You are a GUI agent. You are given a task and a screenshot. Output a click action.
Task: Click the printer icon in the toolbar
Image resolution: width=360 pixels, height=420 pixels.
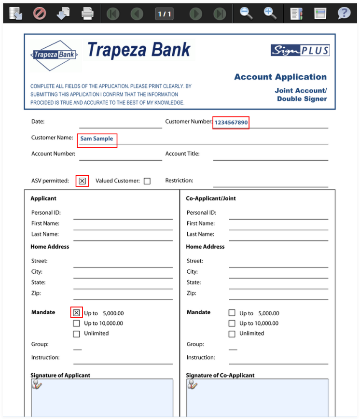[87, 14]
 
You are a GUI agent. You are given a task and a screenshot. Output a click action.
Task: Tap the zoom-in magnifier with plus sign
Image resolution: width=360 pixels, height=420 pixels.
[270, 14]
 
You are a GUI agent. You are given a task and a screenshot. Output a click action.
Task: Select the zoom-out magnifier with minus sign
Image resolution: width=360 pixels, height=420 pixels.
[246, 14]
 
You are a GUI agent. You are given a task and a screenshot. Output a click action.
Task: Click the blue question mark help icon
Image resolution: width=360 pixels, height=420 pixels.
[344, 14]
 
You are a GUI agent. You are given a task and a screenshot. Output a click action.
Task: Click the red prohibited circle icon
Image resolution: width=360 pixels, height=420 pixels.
[40, 14]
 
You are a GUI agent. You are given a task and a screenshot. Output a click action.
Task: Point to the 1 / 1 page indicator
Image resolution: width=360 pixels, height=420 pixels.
[165, 14]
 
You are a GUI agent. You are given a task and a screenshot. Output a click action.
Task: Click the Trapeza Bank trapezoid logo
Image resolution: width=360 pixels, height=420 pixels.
[54, 55]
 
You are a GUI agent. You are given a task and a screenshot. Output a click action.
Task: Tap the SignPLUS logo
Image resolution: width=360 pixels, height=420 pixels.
[300, 50]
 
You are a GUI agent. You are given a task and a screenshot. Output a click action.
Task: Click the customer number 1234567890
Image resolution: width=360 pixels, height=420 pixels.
[231, 123]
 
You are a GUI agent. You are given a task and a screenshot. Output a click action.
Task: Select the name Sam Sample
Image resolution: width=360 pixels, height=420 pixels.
[97, 139]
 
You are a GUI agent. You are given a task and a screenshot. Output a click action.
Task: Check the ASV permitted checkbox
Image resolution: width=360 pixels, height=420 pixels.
[82, 181]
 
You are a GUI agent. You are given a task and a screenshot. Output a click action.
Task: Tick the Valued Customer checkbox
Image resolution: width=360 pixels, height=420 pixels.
[147, 181]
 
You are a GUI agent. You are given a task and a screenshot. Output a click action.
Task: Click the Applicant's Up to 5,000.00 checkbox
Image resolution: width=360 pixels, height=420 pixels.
[76, 313]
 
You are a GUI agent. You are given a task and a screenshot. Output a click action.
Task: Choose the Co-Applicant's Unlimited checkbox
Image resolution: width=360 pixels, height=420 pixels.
[232, 334]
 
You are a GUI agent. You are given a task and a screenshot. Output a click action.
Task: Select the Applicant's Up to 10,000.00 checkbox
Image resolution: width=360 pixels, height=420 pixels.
[76, 323]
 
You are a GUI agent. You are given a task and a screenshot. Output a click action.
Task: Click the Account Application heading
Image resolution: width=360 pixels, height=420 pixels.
[280, 77]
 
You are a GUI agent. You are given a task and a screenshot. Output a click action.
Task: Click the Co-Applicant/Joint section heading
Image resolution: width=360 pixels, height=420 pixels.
[211, 198]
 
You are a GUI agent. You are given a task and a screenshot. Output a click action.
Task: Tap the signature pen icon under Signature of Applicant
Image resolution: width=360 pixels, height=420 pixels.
[37, 385]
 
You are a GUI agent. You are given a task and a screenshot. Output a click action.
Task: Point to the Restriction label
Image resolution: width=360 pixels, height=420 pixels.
[179, 181]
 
